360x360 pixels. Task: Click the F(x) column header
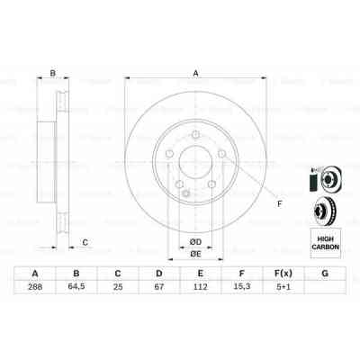tap(282, 274)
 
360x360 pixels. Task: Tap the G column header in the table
tap(323, 274)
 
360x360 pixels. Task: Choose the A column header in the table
tap(35, 274)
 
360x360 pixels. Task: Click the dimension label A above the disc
tap(194, 76)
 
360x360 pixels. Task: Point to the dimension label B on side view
tap(52, 75)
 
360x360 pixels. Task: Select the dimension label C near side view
tap(85, 241)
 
